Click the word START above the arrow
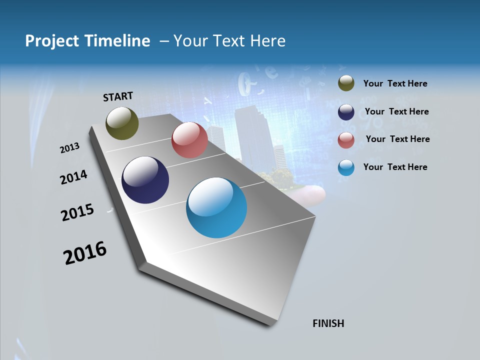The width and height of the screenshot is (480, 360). (118, 96)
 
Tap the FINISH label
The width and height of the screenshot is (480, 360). (328, 323)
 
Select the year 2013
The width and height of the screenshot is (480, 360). (70, 148)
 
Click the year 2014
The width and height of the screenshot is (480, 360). (74, 177)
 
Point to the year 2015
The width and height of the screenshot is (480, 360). (77, 212)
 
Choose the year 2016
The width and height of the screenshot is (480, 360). (85, 253)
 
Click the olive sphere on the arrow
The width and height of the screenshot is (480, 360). (122, 123)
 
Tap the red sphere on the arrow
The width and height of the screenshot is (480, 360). (189, 140)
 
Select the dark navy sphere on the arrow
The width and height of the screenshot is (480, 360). (145, 180)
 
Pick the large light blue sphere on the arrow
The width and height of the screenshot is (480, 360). (216, 207)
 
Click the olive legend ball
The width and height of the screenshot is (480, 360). (346, 83)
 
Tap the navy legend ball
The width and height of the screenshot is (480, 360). (346, 112)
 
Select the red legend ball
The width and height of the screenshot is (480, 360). (346, 139)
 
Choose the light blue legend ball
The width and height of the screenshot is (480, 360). (346, 167)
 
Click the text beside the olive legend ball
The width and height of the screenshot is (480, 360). (395, 84)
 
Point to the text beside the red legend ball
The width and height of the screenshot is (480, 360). (397, 139)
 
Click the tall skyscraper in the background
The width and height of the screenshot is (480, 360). (252, 135)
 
